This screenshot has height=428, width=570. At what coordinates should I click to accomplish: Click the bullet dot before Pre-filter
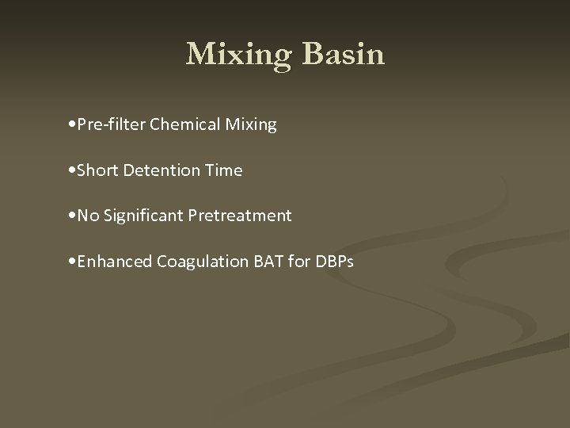(x=73, y=125)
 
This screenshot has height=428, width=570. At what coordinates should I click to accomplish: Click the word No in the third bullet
(x=87, y=216)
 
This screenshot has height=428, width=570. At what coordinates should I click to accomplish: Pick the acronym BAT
(x=249, y=261)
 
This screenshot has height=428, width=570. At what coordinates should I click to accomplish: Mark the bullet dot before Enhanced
(x=73, y=262)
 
